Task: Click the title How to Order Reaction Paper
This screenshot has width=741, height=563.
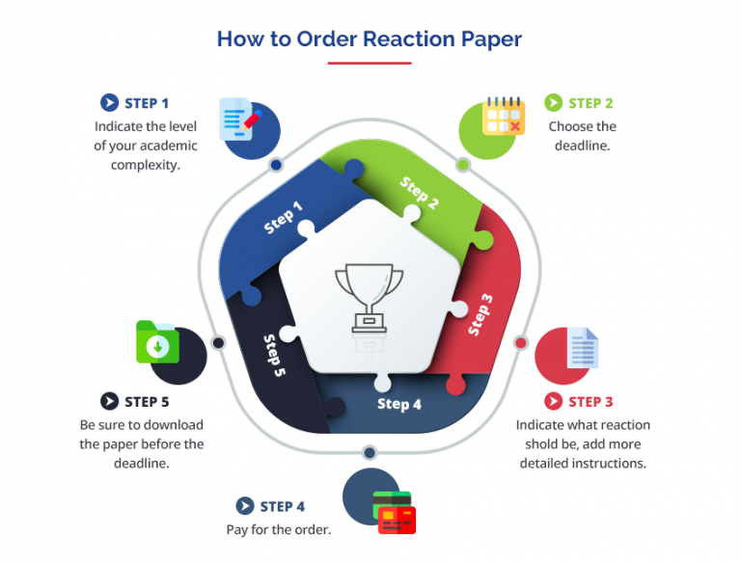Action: [370, 40]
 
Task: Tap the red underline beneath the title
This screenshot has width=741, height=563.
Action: [370, 64]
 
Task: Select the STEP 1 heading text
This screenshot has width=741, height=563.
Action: [147, 103]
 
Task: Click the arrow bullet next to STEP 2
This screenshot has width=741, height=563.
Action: [553, 102]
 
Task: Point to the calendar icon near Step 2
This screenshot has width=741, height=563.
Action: [503, 116]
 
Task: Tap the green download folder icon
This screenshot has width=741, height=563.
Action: [156, 341]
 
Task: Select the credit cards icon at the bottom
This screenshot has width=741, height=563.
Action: [394, 513]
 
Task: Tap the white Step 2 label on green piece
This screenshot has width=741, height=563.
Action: [420, 193]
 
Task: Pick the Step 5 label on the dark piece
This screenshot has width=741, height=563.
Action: [274, 355]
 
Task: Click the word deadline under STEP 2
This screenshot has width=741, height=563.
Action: [582, 146]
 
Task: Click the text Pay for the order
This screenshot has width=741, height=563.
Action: [279, 529]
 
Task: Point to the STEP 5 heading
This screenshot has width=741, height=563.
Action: [147, 401]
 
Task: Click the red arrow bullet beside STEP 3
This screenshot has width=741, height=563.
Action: [553, 401]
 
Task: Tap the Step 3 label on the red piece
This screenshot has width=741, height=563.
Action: [480, 314]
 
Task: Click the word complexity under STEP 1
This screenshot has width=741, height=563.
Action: [146, 165]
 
